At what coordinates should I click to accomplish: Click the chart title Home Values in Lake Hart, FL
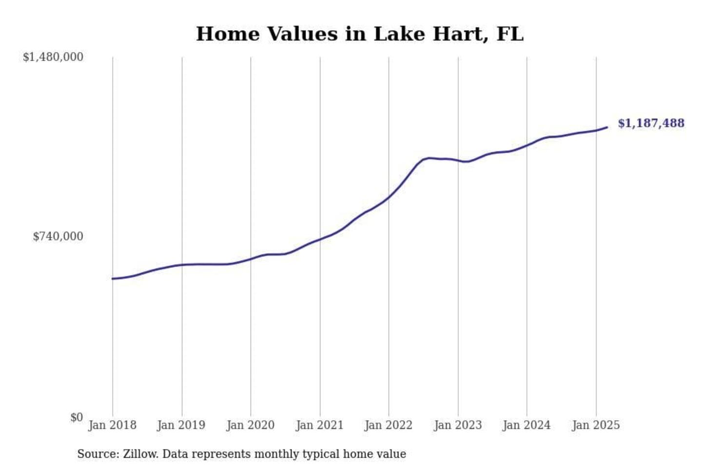(x=360, y=34)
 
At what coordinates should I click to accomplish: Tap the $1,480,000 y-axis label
(x=53, y=57)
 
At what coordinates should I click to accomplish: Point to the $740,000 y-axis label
(x=58, y=236)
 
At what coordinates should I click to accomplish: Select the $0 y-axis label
(x=77, y=417)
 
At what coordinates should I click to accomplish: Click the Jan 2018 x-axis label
(x=112, y=425)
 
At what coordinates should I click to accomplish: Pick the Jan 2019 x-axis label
(x=181, y=425)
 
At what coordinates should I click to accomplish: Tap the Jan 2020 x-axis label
(x=251, y=425)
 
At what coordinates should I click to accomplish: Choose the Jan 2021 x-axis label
(x=320, y=425)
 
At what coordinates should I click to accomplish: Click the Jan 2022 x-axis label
(x=389, y=425)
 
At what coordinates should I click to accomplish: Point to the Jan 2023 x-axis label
(x=458, y=425)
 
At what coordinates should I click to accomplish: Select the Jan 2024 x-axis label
(x=526, y=425)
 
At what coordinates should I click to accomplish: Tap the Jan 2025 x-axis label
(x=596, y=425)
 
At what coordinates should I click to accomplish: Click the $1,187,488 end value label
(x=651, y=123)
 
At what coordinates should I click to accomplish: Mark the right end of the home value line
(x=607, y=127)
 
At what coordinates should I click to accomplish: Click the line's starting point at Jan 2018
(x=113, y=278)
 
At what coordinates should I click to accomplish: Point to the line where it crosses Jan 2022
(x=389, y=197)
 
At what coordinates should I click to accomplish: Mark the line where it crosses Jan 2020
(x=251, y=259)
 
